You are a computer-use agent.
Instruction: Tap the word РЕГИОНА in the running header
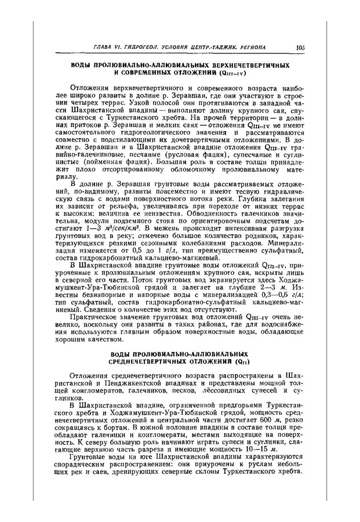point(249,47)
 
